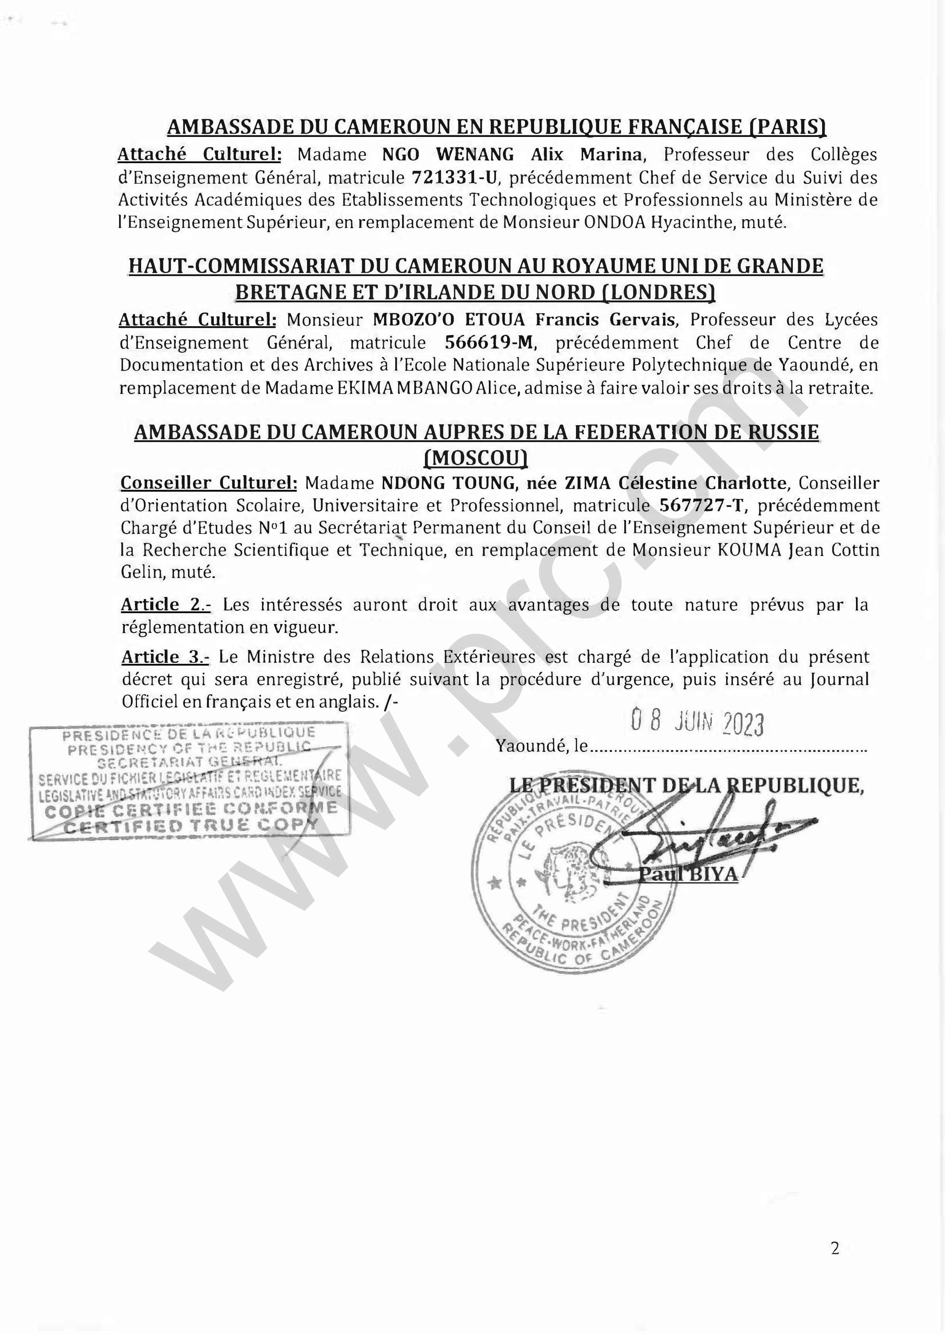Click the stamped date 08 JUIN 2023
coord(697,723)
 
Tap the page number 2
coord(835,1248)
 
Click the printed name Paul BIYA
coord(688,874)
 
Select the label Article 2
coord(165,605)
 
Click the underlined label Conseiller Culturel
coord(209,483)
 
